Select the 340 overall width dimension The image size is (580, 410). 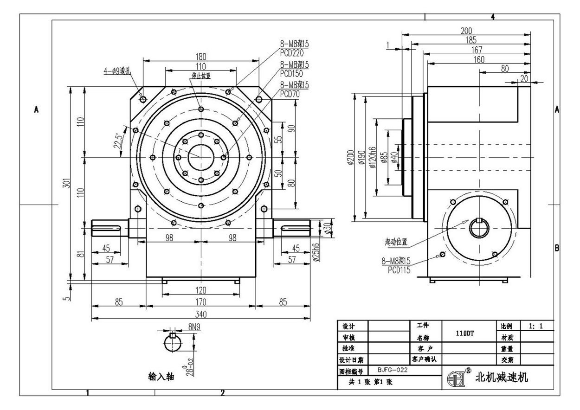pyautogui.click(x=200, y=314)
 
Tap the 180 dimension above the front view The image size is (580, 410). pyautogui.click(x=200, y=57)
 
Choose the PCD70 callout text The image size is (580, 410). pyautogui.click(x=290, y=94)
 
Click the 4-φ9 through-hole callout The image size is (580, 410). pyautogui.click(x=118, y=71)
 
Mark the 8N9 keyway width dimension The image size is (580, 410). pyautogui.click(x=195, y=327)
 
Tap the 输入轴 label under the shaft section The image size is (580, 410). pyautogui.click(x=161, y=377)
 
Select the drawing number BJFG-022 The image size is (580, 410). pyautogui.click(x=389, y=371)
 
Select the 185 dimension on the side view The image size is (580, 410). pyautogui.click(x=470, y=40)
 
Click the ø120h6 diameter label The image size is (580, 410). pyautogui.click(x=372, y=157)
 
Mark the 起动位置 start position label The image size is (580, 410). pyautogui.click(x=396, y=241)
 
